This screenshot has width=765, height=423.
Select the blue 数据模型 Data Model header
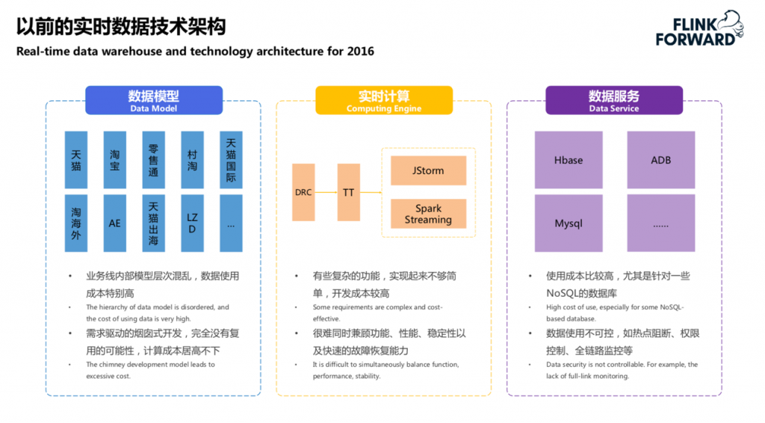[x=154, y=100]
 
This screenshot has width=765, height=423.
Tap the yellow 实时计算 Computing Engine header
[x=384, y=100]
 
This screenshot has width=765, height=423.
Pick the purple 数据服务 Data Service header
[x=614, y=100]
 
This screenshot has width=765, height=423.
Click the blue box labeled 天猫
[x=76, y=160]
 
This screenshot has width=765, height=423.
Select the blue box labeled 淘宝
[x=115, y=160]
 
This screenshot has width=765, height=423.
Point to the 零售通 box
[x=154, y=160]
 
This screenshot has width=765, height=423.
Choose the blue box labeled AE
[x=115, y=223]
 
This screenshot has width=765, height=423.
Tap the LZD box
[x=192, y=223]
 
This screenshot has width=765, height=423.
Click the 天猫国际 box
[x=231, y=160]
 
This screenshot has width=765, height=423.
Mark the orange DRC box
[x=303, y=192]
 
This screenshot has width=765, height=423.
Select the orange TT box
[x=348, y=192]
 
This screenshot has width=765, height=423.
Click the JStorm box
[x=428, y=170]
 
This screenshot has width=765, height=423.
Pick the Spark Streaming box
[x=428, y=214]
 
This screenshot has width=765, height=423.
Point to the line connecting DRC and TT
[x=326, y=192]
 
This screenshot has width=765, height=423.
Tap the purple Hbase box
[x=569, y=160]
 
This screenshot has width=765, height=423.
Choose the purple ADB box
[x=661, y=160]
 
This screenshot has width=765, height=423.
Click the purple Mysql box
[x=569, y=223]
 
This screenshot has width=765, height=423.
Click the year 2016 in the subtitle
[x=360, y=52]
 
